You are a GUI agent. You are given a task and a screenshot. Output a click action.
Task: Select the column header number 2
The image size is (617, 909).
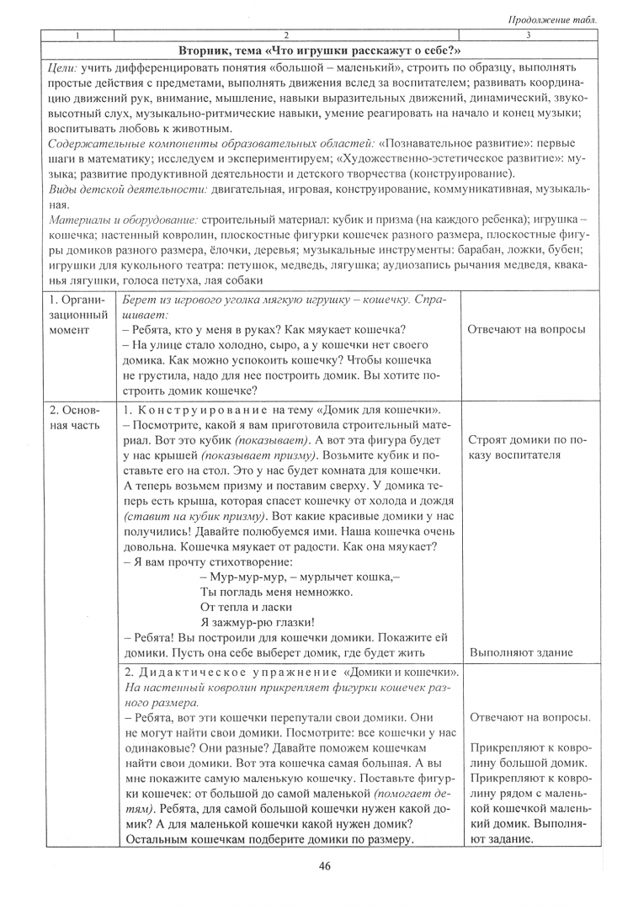coord(286,35)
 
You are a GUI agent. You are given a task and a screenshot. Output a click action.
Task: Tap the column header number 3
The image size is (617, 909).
coord(528,35)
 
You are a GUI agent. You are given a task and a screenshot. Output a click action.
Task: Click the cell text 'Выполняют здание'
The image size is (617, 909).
coord(519,652)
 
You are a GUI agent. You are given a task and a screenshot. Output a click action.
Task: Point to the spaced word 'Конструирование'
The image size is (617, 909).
coord(194,409)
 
